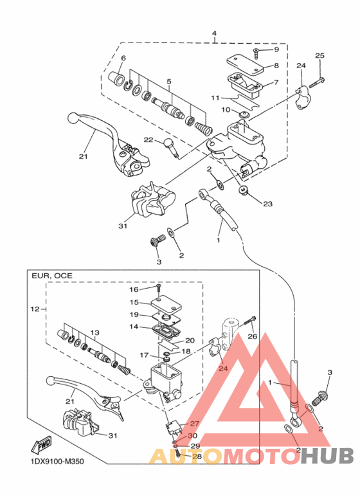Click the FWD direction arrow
tap(41, 446)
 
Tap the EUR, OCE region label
tap(52, 276)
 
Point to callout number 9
tap(276, 50)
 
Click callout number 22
tap(149, 140)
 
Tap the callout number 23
tap(268, 203)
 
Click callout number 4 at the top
tap(215, 33)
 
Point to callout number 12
tap(35, 309)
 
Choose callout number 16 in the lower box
tap(134, 289)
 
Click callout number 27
tap(194, 423)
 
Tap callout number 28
tap(197, 456)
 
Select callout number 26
tap(252, 336)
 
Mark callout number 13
tap(94, 332)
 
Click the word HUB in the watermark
tap(327, 456)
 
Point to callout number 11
tap(215, 98)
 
